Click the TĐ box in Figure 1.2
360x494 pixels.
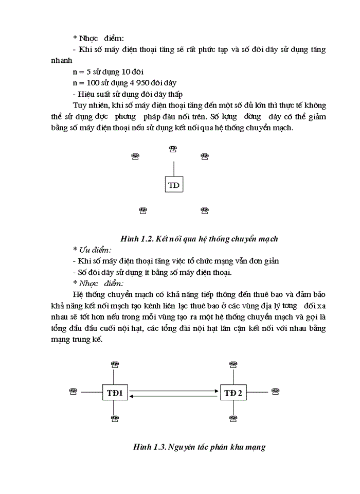click(x=174, y=185)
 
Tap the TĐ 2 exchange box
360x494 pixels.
click(x=233, y=394)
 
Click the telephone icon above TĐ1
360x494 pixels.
click(x=115, y=365)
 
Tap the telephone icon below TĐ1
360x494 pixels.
click(x=115, y=419)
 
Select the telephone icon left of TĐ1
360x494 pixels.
click(x=73, y=392)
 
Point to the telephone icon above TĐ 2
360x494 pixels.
click(x=233, y=365)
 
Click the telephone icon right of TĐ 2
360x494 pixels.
click(x=276, y=392)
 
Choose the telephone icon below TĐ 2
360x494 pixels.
click(x=233, y=419)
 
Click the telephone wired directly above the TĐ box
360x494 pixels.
click(x=173, y=149)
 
